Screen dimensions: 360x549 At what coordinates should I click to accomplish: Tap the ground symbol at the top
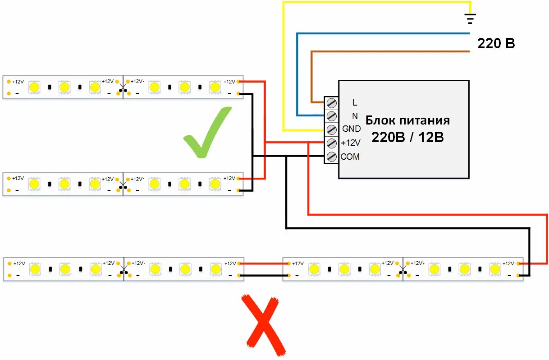(470, 18)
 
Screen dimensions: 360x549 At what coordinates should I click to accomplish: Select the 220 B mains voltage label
(496, 44)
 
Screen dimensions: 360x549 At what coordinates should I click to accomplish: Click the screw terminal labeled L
(332, 102)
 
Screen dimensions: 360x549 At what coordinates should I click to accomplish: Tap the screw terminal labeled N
(332, 116)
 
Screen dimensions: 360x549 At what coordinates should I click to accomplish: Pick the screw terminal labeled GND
(332, 129)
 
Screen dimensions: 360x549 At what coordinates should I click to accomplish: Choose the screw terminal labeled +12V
(332, 143)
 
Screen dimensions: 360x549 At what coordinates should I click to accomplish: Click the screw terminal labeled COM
(332, 157)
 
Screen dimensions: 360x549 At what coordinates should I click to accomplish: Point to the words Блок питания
(407, 120)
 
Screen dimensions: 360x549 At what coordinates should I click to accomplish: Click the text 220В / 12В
(407, 137)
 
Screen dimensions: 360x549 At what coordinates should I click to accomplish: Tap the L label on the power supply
(355, 103)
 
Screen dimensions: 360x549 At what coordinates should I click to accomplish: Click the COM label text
(350, 157)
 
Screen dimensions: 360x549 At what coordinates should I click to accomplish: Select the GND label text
(351, 129)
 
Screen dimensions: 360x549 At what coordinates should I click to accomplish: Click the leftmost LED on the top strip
(34, 87)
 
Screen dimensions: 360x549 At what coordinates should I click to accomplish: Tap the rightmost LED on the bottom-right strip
(495, 269)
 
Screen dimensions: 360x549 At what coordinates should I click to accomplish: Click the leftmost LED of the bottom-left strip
(35, 269)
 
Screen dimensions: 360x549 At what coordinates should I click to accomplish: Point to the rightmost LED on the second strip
(215, 184)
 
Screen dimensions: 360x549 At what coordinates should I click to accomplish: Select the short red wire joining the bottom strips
(263, 263)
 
